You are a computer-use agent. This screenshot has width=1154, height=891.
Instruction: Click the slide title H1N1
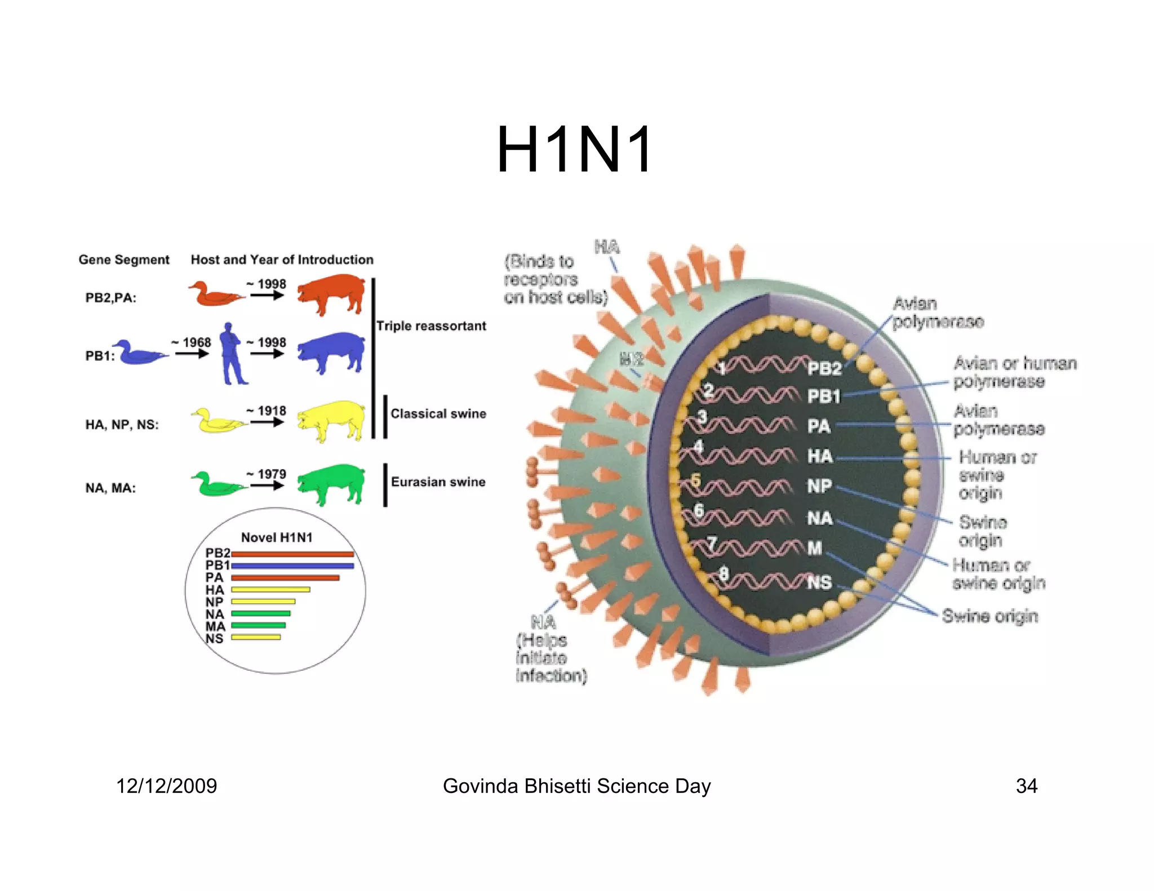[575, 150]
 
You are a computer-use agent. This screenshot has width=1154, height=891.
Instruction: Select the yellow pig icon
[331, 420]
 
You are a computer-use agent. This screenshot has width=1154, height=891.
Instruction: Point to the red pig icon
[331, 293]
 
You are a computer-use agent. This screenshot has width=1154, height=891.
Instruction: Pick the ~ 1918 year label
[267, 411]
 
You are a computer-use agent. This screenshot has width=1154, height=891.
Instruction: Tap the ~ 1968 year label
[192, 342]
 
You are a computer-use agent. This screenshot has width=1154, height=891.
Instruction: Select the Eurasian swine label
[438, 482]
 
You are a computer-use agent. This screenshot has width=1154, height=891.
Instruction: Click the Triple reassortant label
[431, 326]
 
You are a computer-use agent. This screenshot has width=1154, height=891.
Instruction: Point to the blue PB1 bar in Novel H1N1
[292, 565]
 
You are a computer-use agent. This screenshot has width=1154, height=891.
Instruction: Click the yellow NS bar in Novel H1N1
[256, 637]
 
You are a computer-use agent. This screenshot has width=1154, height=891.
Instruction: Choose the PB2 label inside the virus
[824, 369]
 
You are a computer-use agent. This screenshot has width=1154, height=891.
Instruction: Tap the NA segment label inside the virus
[819, 518]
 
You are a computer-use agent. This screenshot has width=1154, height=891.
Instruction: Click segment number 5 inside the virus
[696, 480]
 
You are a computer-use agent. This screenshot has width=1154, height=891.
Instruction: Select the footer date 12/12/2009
[166, 786]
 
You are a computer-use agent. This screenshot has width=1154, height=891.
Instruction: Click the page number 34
[1026, 786]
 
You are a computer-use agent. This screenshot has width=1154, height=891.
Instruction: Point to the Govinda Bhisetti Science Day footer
[576, 786]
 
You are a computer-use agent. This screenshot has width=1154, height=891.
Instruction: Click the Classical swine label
[438, 414]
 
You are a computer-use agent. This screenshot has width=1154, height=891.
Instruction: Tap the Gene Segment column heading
[124, 260]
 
